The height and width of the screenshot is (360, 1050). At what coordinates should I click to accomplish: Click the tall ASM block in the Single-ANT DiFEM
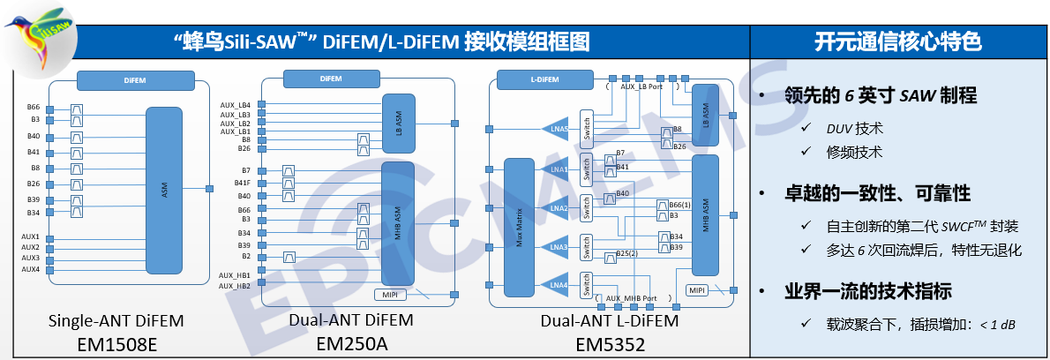click(164, 189)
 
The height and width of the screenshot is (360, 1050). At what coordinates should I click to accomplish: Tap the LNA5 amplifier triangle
click(556, 130)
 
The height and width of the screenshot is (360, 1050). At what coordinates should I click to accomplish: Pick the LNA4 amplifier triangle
click(556, 286)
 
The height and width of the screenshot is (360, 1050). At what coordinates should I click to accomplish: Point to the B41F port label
click(242, 184)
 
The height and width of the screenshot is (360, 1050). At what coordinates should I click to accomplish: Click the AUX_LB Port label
click(642, 87)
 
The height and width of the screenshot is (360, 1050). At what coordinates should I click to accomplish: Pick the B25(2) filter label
click(627, 254)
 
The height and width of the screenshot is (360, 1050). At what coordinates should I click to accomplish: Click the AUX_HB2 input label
click(236, 286)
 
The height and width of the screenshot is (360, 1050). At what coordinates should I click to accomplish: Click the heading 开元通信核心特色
click(899, 42)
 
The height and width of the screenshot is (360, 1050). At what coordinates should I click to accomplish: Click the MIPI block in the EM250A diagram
click(389, 294)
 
